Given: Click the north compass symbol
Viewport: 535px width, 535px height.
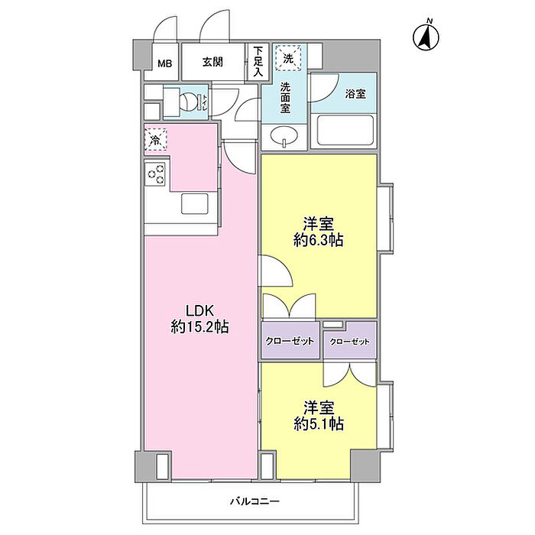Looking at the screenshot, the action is point(426,35).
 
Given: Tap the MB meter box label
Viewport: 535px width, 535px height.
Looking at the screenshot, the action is point(165,63).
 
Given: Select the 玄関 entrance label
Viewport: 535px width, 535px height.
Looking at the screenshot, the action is point(212,62).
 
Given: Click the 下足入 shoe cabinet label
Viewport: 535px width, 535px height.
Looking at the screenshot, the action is point(258,62).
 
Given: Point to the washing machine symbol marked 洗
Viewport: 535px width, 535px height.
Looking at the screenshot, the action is point(288,58).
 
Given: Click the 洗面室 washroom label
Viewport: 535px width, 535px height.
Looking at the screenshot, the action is point(285,98).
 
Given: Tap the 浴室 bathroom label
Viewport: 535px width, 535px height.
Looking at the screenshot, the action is point(355,94).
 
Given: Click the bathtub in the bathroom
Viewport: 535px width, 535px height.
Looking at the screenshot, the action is point(345,130).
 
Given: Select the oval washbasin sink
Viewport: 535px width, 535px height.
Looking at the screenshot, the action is point(284,135).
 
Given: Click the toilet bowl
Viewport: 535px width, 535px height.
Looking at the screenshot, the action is point(189,102).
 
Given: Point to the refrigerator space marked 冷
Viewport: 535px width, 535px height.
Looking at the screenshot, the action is point(156,139).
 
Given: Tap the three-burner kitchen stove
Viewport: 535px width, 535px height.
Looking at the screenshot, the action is point(155,174).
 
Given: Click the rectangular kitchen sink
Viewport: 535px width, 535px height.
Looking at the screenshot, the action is point(194,204).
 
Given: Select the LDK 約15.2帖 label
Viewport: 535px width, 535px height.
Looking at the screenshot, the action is point(199,319).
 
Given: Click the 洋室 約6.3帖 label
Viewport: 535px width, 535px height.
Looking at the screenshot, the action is point(319,232).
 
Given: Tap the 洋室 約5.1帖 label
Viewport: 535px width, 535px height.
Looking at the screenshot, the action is point(319,416).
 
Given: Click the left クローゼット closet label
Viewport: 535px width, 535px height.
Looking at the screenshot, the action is point(290,341).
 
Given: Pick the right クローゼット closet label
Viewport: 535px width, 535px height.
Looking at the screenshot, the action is point(349,342).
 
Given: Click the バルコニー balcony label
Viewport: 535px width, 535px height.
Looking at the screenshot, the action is point(255,501).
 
